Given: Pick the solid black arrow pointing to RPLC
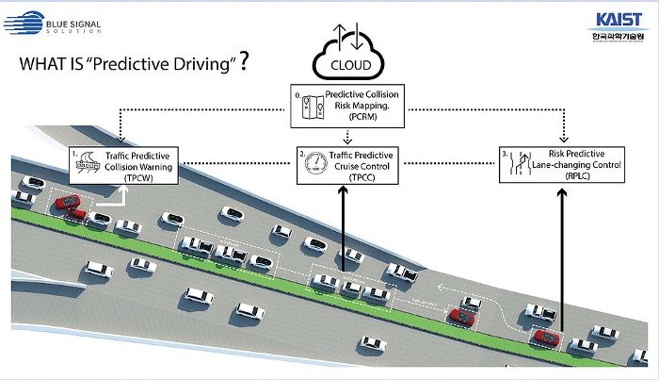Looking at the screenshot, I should (563, 255).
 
